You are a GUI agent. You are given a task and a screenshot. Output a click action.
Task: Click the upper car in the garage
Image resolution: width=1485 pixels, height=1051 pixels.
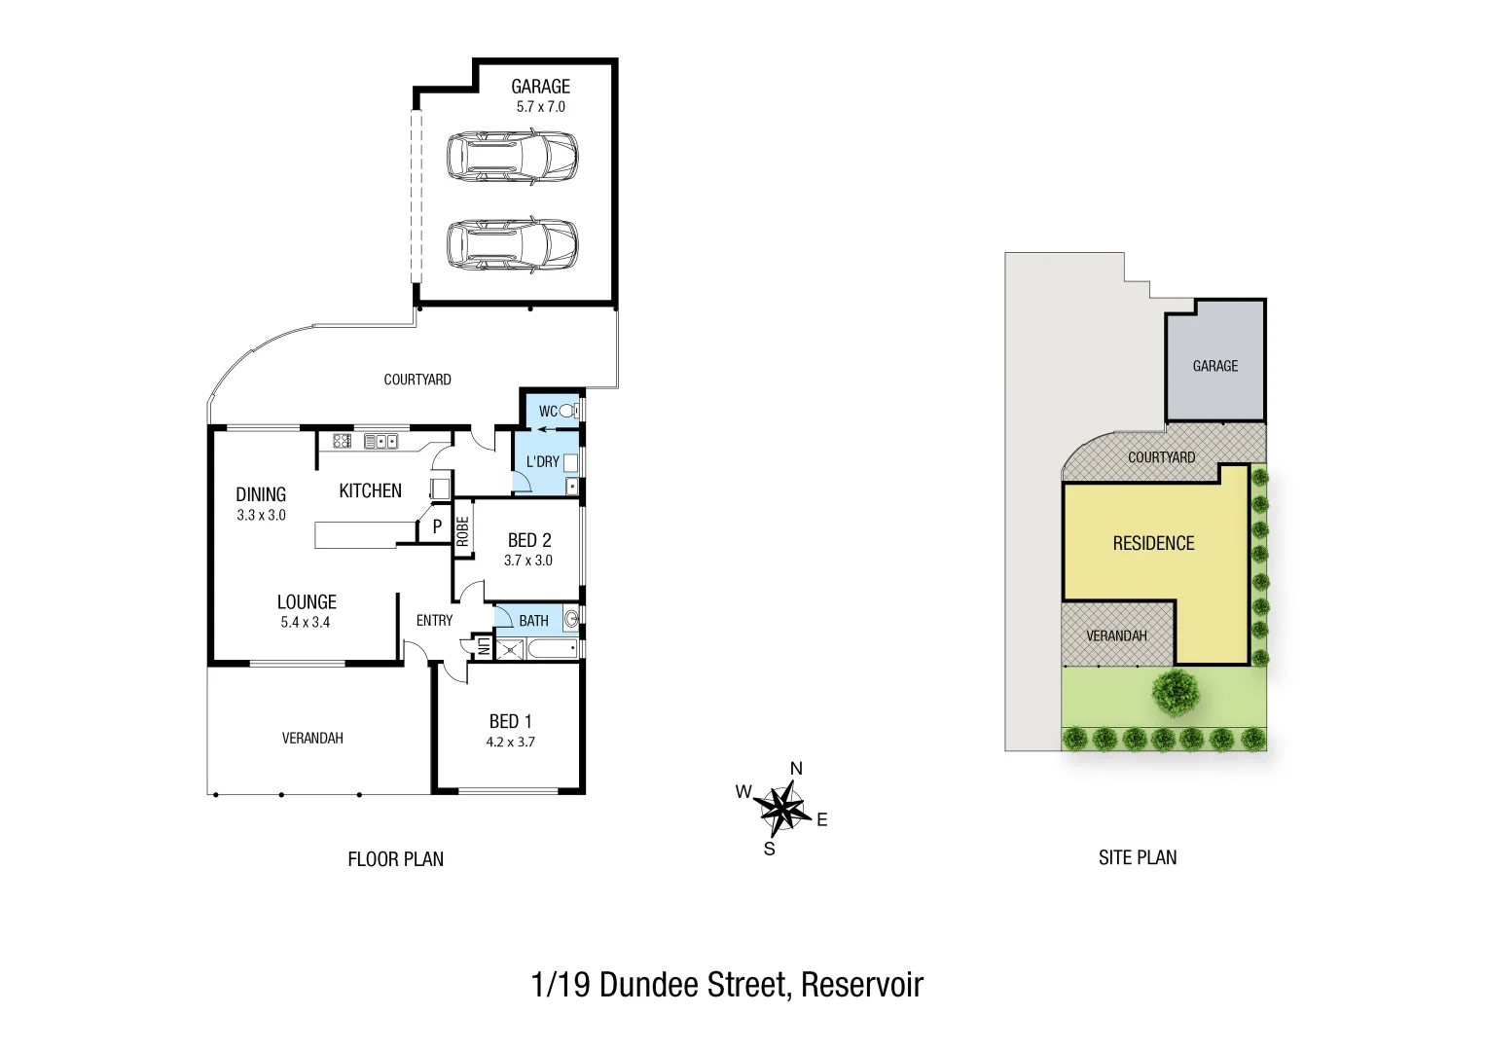[x=512, y=157]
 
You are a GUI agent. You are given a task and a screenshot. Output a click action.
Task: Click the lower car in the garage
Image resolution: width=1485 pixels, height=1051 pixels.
[x=512, y=244]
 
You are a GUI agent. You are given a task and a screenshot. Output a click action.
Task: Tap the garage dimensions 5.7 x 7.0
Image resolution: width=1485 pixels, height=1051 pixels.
[x=540, y=107]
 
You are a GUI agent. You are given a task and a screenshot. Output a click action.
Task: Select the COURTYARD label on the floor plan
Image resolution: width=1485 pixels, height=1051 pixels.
[x=417, y=380]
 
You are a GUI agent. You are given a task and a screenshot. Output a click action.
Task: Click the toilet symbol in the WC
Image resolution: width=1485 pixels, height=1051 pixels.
[x=567, y=411]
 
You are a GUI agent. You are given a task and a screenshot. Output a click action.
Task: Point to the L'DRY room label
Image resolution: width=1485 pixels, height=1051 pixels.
[x=542, y=461]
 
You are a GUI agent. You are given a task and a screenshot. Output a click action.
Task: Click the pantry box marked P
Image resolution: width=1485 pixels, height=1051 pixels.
[x=437, y=525]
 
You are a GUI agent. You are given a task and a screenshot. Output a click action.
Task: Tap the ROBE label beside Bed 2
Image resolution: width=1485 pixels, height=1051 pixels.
[x=463, y=530]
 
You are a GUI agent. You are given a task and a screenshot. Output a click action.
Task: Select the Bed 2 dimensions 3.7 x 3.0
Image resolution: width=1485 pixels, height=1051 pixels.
[x=528, y=561]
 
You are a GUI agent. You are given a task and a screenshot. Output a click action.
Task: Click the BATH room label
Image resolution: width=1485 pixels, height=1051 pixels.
[x=533, y=621]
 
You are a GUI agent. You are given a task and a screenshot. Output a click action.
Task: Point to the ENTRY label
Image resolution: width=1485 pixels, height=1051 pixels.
[x=434, y=621]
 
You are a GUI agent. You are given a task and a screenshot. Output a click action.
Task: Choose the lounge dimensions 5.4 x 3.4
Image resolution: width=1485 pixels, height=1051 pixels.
[x=306, y=623]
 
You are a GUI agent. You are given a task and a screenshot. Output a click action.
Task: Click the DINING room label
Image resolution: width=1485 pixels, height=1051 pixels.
[x=261, y=494]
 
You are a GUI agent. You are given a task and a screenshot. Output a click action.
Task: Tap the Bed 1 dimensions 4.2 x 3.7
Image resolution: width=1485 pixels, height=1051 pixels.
[x=510, y=742]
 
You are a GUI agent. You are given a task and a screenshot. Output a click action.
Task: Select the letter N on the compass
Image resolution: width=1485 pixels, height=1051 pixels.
[x=796, y=769]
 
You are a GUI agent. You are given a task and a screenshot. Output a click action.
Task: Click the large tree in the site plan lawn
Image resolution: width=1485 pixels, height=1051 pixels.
[x=1177, y=692]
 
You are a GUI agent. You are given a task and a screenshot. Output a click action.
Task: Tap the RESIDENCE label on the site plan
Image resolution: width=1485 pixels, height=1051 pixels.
[x=1153, y=543]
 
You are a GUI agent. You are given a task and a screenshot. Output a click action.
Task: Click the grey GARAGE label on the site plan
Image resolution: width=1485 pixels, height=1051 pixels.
[x=1215, y=366]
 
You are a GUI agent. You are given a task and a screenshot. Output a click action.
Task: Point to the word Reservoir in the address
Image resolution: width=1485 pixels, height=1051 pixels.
[x=861, y=985]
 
